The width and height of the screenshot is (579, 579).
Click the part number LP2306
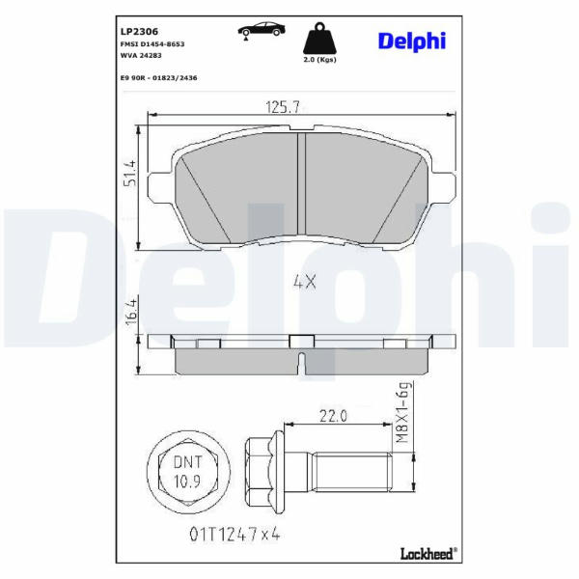pyautogui.click(x=139, y=32)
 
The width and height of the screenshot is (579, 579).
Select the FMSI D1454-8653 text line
pyautogui.click(x=152, y=44)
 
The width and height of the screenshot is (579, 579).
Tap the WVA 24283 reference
pyautogui.click(x=141, y=55)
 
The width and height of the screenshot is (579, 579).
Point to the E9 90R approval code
pyautogui.click(x=159, y=78)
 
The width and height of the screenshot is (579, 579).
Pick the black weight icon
pyautogui.click(x=319, y=39)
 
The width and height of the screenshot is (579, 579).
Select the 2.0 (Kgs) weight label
pyautogui.click(x=319, y=60)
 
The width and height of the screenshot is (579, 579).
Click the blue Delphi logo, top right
pyautogui.click(x=412, y=41)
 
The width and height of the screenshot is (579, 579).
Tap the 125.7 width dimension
pyautogui.click(x=283, y=107)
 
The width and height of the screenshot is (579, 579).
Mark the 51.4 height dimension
pyautogui.click(x=130, y=173)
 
